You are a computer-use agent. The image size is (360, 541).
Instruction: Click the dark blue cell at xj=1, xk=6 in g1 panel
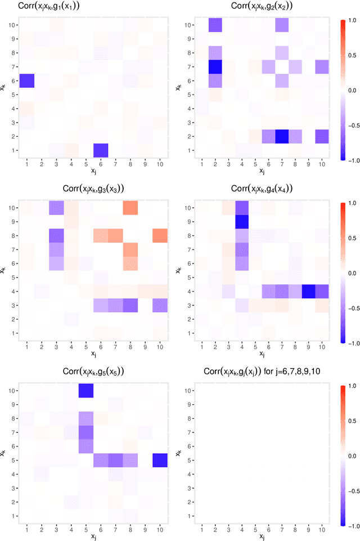(x=26, y=81)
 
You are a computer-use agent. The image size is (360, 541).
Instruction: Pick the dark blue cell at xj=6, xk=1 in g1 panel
(x=100, y=150)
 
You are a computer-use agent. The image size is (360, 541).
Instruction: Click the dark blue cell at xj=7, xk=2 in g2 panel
(x=282, y=136)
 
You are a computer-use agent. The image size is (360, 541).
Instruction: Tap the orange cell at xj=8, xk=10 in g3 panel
(x=130, y=208)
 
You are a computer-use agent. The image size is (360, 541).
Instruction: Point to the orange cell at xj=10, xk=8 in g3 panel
(x=160, y=236)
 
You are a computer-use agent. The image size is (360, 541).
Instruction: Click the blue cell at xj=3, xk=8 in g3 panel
(x=56, y=236)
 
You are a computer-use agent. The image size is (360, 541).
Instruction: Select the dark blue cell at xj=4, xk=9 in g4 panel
(x=242, y=222)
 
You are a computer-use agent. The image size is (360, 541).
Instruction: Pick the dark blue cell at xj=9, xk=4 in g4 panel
(x=308, y=291)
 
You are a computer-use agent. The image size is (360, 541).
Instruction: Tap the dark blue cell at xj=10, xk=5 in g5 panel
(x=160, y=460)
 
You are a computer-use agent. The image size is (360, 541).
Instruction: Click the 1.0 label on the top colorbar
(x=353, y=20)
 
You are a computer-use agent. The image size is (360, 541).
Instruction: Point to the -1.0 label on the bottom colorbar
(x=353, y=524)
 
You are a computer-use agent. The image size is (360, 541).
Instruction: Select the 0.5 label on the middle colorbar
(x=353, y=238)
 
